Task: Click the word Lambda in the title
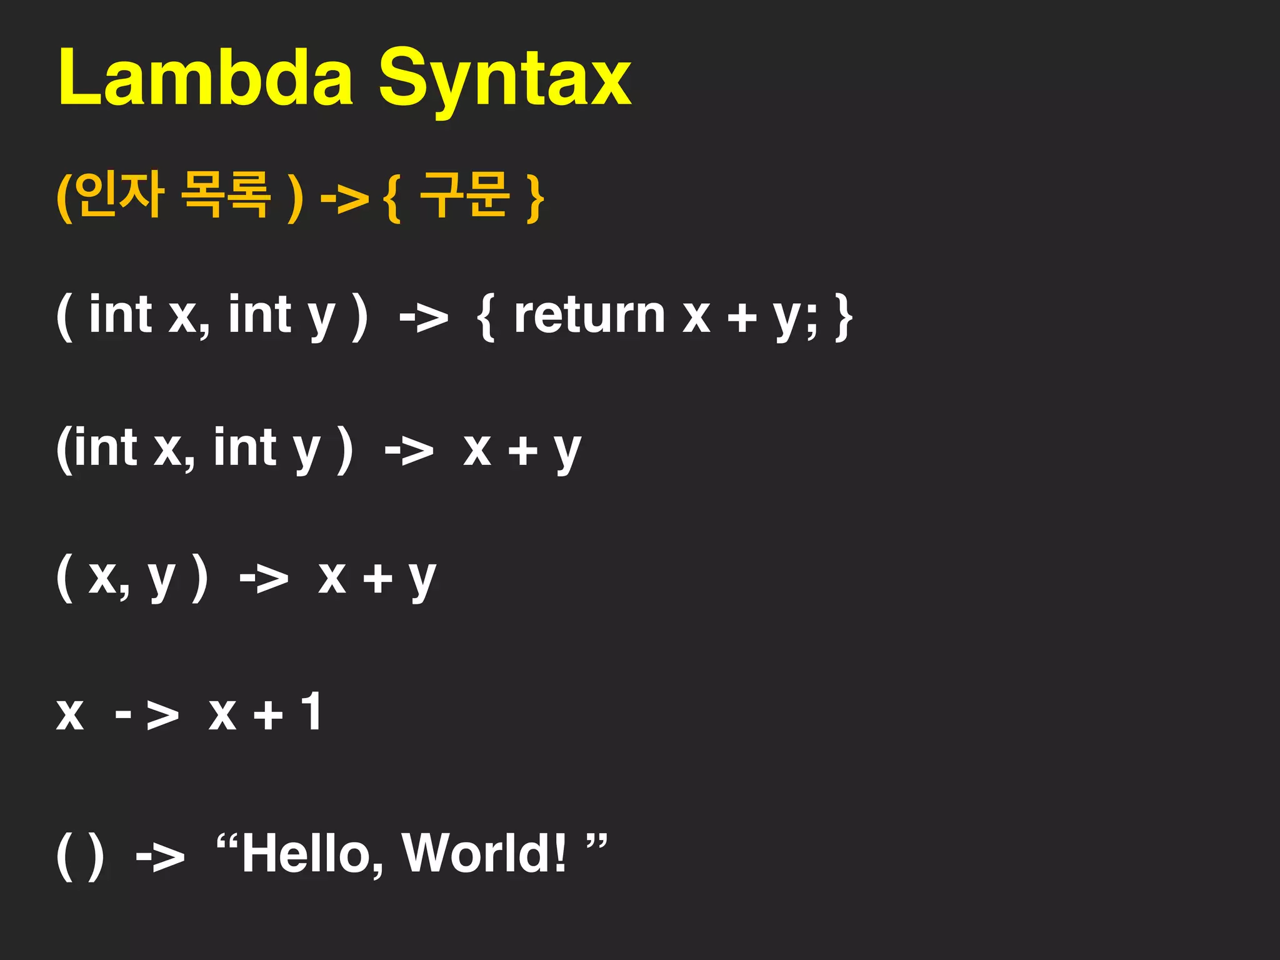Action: click(x=206, y=78)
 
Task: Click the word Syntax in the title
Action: click(x=505, y=81)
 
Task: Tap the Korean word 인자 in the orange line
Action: click(x=122, y=195)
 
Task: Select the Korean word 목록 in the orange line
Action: click(x=226, y=195)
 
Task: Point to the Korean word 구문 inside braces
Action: click(x=464, y=195)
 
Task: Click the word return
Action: click(x=589, y=316)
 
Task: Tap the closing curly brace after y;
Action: click(x=843, y=317)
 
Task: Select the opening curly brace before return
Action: click(x=486, y=317)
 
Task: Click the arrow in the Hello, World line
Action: click(x=161, y=857)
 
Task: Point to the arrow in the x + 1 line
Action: click(x=147, y=715)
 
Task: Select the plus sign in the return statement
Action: click(x=742, y=317)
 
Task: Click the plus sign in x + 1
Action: click(x=269, y=715)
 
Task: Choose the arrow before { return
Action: click(x=424, y=318)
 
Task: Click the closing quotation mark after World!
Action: click(x=597, y=842)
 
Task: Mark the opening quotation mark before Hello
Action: click(x=226, y=842)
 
